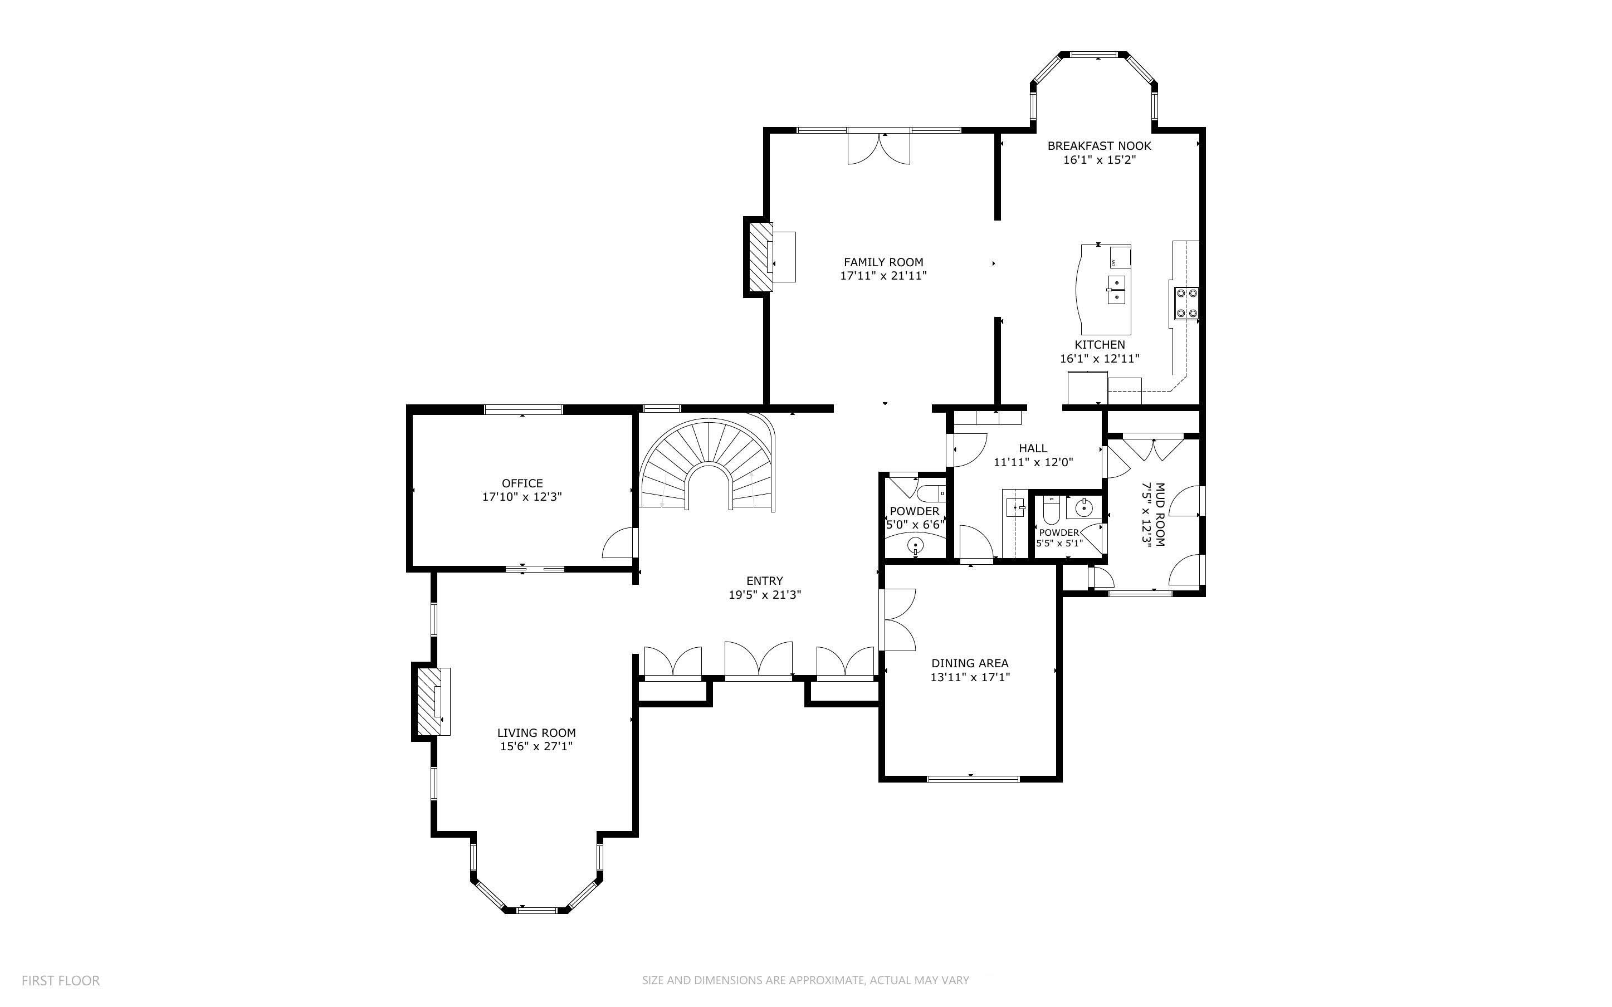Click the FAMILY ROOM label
[883, 262]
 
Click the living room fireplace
[428, 701]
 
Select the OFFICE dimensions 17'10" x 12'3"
[522, 497]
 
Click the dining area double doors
[897, 619]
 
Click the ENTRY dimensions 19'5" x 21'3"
[764, 595]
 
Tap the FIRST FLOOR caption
[61, 980]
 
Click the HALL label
[1033, 449]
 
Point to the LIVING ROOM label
[536, 732]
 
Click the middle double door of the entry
[759, 661]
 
